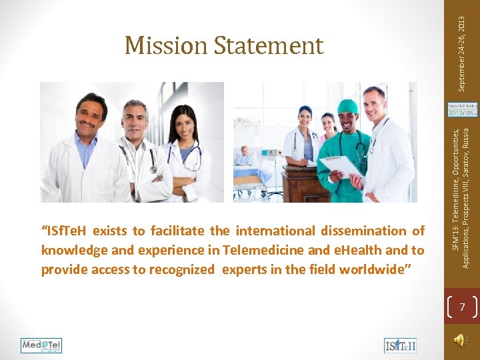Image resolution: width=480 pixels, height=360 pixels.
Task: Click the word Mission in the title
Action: point(167,45)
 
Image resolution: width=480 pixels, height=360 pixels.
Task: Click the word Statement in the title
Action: point(269,45)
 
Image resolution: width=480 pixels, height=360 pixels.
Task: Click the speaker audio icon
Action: point(460,340)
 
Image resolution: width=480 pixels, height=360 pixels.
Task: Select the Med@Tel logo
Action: point(41,345)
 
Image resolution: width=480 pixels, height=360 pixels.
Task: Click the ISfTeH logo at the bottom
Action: point(400,345)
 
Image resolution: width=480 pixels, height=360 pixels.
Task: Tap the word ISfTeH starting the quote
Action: point(66,231)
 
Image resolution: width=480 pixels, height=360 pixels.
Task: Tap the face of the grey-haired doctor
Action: point(135,120)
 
